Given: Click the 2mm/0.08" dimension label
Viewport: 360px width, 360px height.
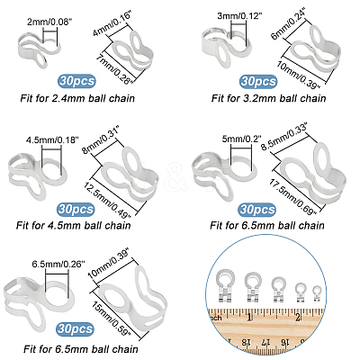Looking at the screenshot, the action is coord(49,22).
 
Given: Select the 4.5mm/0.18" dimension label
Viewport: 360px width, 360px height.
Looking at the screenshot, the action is coord(52,139).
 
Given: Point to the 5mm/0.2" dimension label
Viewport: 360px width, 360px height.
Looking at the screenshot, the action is coord(242,139).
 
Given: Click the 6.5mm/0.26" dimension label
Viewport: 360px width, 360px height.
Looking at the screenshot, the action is coord(58,264).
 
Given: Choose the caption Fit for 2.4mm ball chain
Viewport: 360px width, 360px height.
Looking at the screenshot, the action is coord(77,98).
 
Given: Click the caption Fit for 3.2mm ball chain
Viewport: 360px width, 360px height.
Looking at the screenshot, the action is coord(268,98).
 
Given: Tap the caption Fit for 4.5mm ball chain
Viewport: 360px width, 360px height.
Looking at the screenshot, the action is coord(74,225).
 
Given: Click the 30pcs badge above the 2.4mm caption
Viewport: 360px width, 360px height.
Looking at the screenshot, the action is coord(76,81).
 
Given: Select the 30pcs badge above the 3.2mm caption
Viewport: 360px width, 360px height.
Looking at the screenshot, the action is coord(258,82).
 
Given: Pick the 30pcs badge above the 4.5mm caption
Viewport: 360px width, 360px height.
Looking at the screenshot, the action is coord(76,209).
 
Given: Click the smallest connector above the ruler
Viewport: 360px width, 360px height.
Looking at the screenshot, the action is coord(317,293).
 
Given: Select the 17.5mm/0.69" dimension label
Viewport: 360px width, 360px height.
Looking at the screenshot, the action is coord(292,197).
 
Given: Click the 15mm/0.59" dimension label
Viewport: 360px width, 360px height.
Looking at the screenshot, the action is coord(112,319).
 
